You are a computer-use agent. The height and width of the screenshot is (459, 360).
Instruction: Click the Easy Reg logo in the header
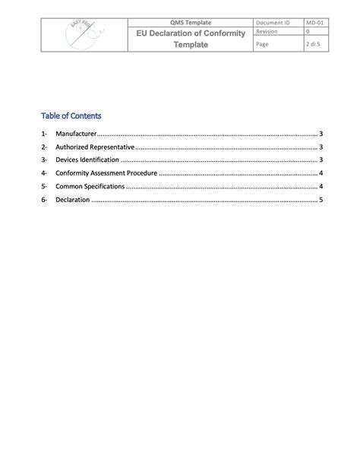tap(83, 35)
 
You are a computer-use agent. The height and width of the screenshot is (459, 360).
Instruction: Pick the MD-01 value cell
tap(315, 23)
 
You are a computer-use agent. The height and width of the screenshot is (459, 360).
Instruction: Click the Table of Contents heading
tap(71, 116)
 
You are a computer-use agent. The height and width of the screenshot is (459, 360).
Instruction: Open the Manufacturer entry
tap(76, 134)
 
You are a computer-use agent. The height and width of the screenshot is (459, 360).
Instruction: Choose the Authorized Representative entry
tap(95, 147)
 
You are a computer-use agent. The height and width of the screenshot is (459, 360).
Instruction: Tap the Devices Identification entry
tap(87, 160)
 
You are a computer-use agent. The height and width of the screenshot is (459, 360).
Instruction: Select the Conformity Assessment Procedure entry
tap(106, 173)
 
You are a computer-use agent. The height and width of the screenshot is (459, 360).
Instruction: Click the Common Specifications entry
tap(90, 186)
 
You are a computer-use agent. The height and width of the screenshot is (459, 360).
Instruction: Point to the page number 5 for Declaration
tap(322, 200)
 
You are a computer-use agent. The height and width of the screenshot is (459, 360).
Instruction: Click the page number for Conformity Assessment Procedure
tap(322, 173)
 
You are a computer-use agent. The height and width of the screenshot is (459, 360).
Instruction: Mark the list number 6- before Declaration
tap(45, 200)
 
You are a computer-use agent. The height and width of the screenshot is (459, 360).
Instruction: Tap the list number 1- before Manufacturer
tap(45, 134)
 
